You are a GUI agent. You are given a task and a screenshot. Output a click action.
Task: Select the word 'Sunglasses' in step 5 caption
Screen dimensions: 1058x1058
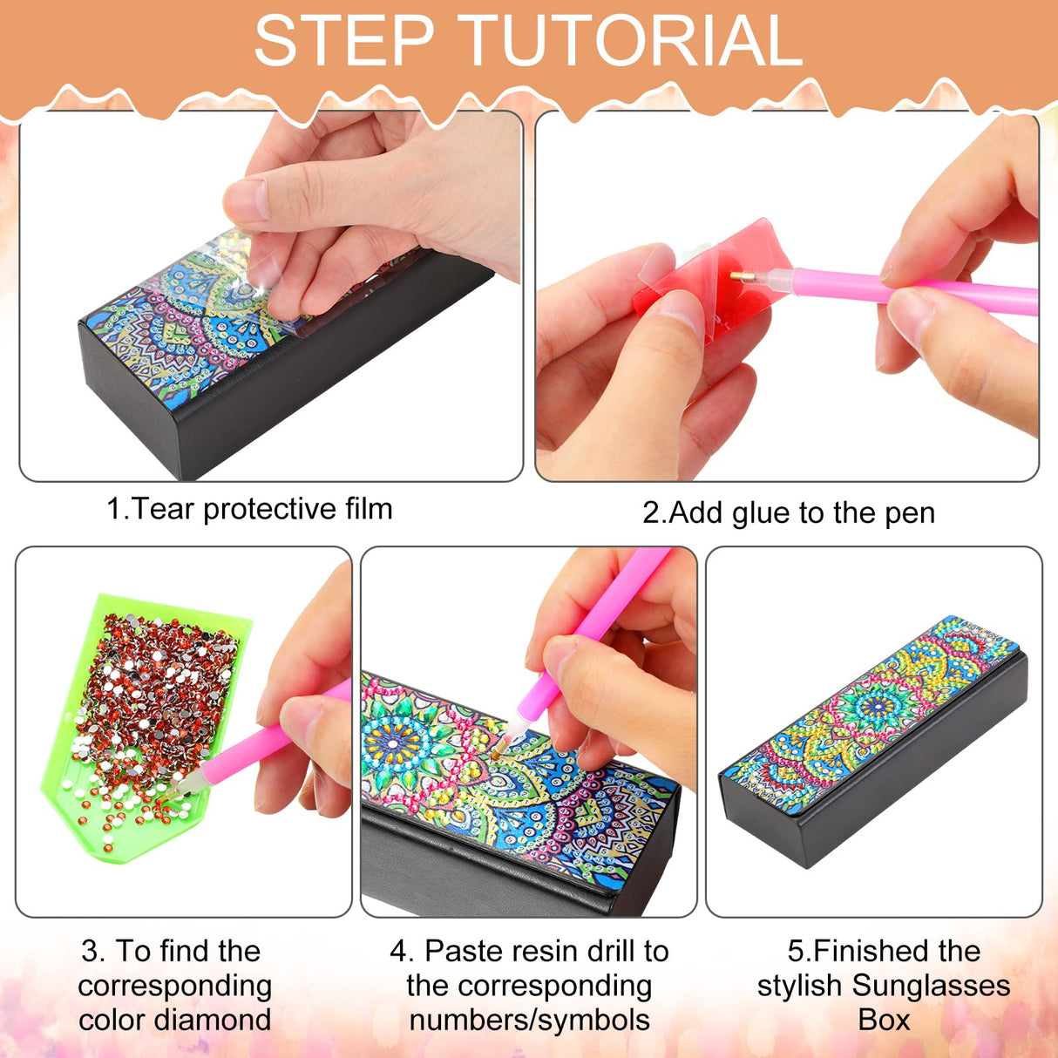tap(931, 986)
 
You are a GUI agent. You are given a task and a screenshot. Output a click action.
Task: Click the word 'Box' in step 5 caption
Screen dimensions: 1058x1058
tap(884, 1020)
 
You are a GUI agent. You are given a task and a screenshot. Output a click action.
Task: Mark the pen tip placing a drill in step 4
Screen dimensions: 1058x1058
tap(497, 753)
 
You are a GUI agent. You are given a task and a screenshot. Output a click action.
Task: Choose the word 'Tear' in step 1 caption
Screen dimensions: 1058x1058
tap(163, 509)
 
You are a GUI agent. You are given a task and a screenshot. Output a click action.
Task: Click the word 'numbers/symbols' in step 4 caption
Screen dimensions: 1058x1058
tap(529, 1021)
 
